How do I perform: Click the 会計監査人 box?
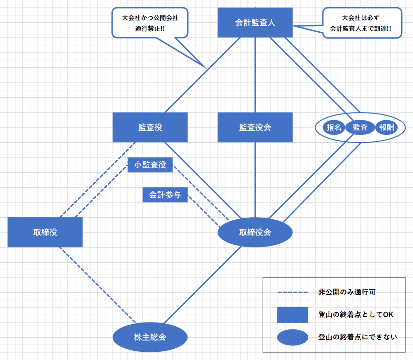[255, 22]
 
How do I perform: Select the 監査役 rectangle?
[150, 127]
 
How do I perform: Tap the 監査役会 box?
[255, 127]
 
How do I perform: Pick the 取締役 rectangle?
[45, 232]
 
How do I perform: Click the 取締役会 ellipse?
[255, 232]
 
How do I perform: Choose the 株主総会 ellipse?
[150, 337]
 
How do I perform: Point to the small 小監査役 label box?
[150, 165]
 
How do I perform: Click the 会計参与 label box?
[165, 195]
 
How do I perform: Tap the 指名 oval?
[333, 127]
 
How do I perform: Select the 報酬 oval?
[386, 127]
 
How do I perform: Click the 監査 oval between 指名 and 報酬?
[360, 127]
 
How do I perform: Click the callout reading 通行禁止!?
[150, 23]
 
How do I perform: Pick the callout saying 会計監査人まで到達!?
[362, 23]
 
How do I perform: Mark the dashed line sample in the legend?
[293, 293]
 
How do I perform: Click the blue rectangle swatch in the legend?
[293, 315]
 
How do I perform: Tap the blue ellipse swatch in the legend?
[293, 337]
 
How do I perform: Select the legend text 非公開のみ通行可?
[347, 292]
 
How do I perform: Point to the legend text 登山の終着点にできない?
[357, 337]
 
